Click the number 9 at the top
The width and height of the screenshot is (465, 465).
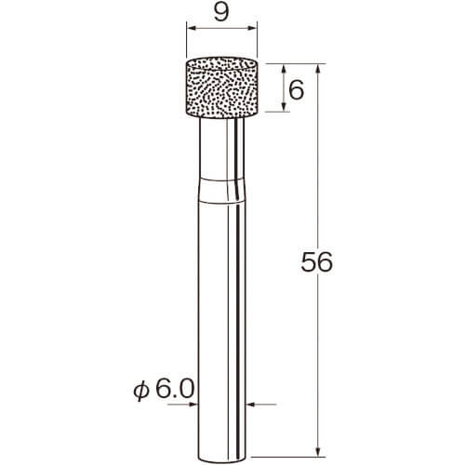tap(221, 13)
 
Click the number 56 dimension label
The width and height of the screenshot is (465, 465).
tap(317, 262)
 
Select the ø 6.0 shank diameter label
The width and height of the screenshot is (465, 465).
tap(164, 390)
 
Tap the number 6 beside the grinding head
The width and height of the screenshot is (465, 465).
tap(296, 90)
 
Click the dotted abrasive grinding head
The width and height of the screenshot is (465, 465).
tap(221, 87)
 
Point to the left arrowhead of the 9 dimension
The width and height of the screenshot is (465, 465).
tap(192, 28)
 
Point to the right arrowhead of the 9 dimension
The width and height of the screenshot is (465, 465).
tap(252, 28)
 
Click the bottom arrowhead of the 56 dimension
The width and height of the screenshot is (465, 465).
tap(317, 450)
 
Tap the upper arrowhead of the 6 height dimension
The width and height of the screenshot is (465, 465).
tap(284, 70)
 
